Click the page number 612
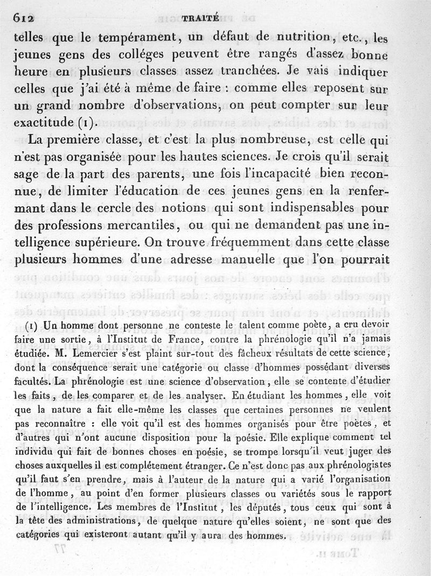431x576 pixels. coord(24,18)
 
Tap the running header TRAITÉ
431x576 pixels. coord(200,17)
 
